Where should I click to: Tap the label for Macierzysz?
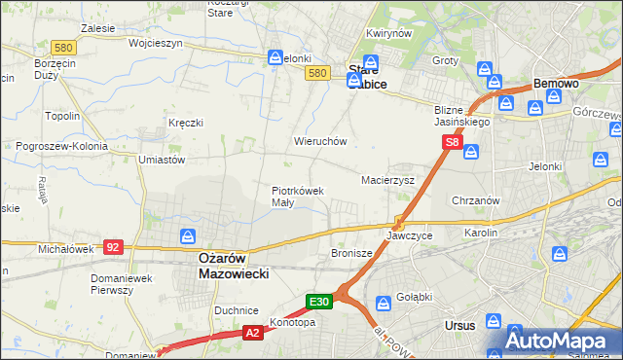click(388, 180)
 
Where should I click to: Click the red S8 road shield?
click(452, 142)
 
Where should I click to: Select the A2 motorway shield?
click(251, 333)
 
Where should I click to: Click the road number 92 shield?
click(113, 247)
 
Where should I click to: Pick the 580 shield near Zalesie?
click(64, 47)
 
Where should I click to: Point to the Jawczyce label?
click(408, 235)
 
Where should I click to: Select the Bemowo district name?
click(555, 85)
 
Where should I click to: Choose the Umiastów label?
click(162, 160)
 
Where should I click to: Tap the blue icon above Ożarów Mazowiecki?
click(188, 235)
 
